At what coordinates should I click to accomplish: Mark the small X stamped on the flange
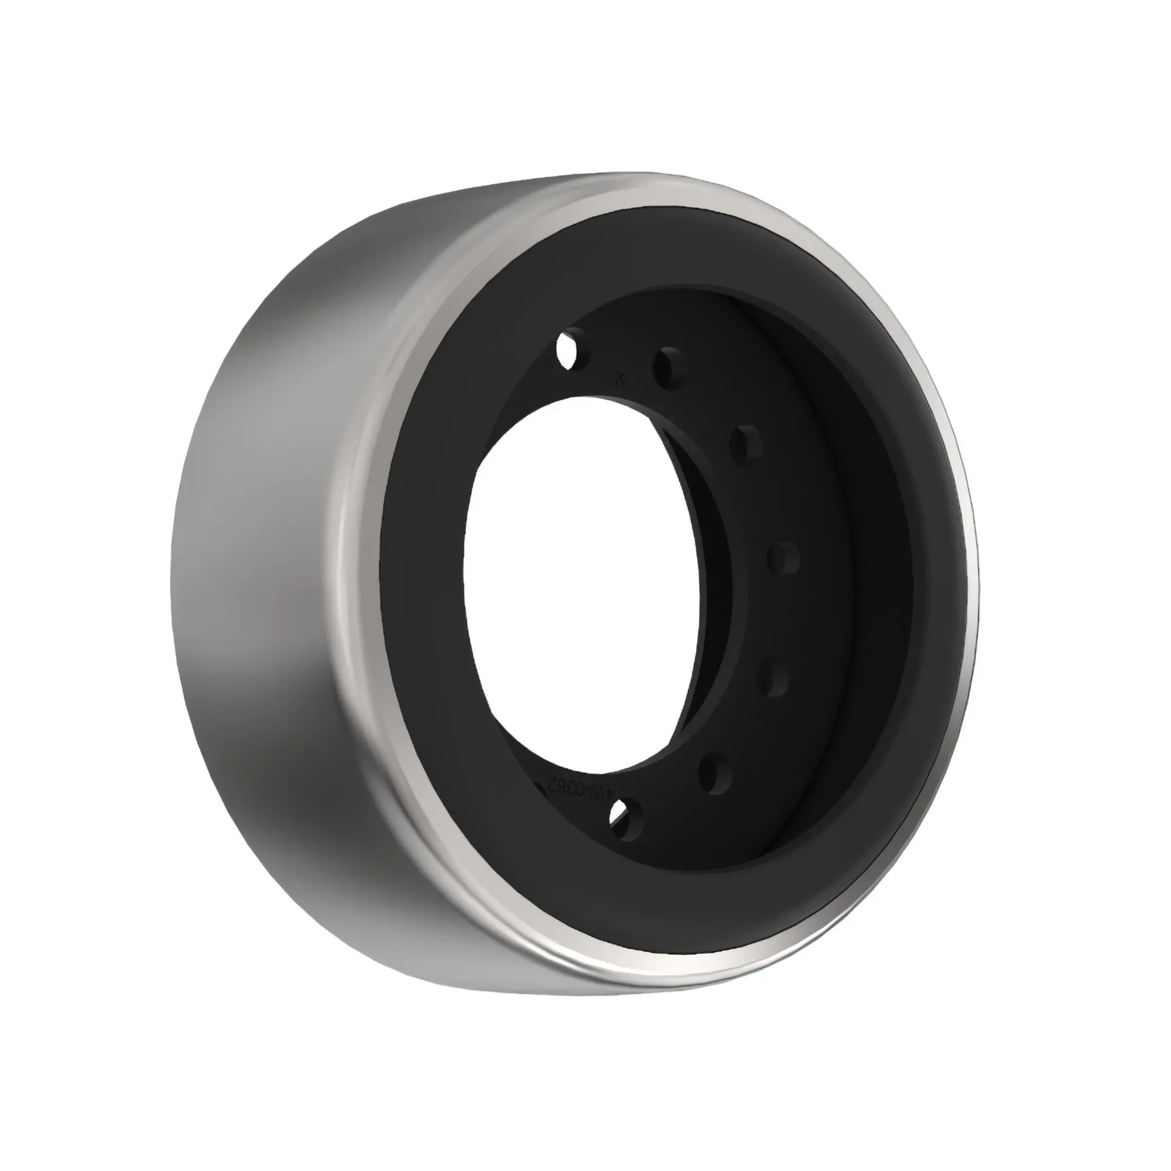(619, 379)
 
